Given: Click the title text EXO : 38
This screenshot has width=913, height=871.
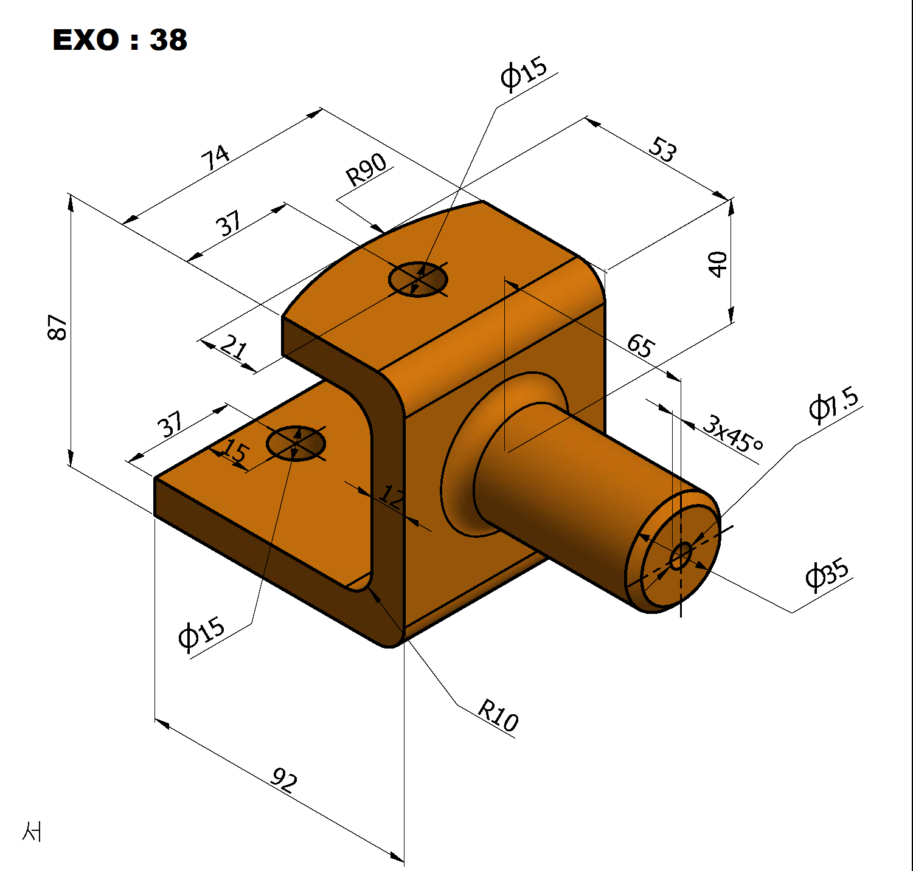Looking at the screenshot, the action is (120, 40).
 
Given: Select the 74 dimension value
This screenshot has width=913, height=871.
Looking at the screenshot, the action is (216, 157).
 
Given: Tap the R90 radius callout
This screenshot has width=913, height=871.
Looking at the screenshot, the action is (367, 170).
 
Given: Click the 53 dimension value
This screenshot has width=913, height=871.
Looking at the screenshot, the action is (662, 150).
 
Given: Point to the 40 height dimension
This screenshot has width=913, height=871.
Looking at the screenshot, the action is (718, 264).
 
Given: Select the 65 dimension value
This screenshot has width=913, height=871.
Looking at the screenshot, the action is (641, 345).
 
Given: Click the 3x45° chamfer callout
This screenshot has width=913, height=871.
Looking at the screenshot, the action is (733, 433).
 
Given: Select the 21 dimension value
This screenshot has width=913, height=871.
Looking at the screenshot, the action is (234, 347).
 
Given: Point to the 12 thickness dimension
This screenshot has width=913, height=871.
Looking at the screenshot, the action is (391, 497).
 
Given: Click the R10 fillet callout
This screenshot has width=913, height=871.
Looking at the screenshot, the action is (498, 715).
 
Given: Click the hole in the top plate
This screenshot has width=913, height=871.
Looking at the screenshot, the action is (418, 280).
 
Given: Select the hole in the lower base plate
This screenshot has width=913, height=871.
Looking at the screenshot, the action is (296, 444).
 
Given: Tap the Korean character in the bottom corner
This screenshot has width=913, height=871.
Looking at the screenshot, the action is (32, 831).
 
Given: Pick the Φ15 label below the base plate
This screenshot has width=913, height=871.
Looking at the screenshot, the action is (202, 634).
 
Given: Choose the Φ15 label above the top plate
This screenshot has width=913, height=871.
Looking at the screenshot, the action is (524, 74).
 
